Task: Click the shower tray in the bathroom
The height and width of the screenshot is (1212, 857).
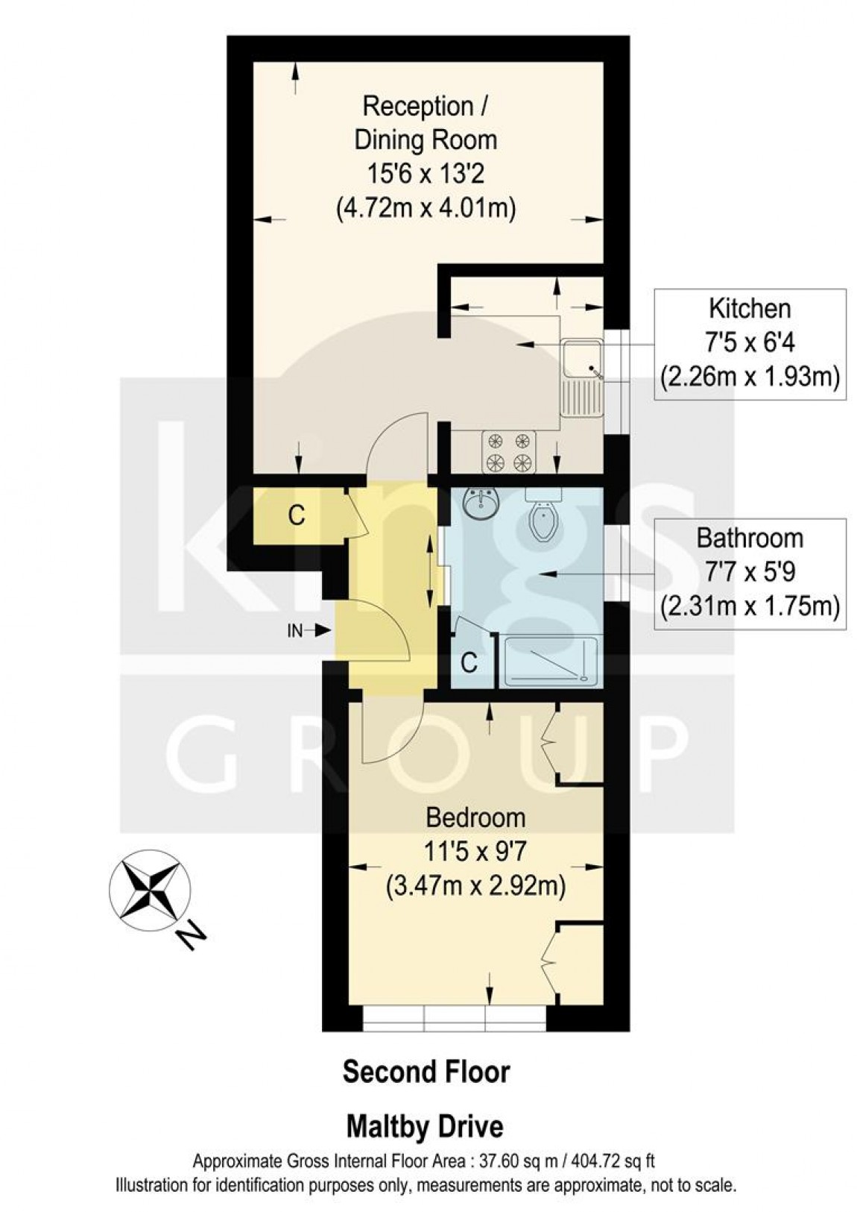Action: (x=551, y=661)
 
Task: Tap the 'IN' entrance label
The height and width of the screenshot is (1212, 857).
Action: (x=295, y=631)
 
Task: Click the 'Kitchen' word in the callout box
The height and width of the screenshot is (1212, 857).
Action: (x=749, y=308)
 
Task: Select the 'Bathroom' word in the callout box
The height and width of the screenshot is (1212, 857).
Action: (x=749, y=538)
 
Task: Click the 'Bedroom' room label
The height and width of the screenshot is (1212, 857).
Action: (x=475, y=817)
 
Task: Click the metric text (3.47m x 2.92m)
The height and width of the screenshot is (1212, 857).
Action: (x=475, y=887)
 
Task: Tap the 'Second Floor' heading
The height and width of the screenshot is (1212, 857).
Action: (x=426, y=1073)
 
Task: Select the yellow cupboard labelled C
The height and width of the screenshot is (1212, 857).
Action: (x=297, y=515)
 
